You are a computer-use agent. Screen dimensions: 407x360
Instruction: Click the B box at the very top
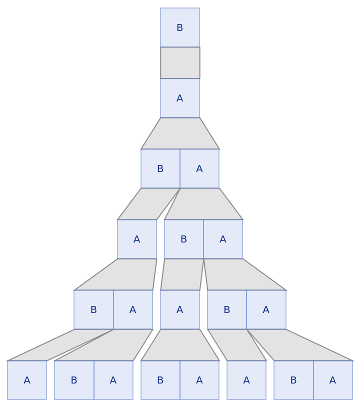tap(180, 27)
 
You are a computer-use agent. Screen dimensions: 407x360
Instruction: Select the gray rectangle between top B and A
tap(180, 63)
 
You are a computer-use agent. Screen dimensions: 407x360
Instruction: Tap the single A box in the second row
tap(180, 98)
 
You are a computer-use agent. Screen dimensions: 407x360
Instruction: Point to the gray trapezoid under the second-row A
tap(180, 133)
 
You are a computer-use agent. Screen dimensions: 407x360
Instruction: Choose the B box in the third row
tap(160, 169)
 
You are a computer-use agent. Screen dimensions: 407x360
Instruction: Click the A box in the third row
tap(199, 169)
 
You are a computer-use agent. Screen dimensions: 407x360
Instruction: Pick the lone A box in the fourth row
tap(136, 239)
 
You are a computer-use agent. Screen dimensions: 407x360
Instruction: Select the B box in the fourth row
tap(183, 239)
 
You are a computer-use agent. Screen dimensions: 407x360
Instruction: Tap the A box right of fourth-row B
tap(223, 239)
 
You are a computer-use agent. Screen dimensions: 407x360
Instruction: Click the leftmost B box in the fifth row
tap(93, 310)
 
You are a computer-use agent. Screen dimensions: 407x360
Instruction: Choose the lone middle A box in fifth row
tap(180, 310)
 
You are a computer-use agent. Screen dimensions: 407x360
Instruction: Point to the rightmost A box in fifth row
tap(266, 310)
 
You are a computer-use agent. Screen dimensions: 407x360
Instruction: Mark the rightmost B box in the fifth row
tap(226, 310)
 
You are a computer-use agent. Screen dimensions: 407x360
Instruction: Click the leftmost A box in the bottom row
tap(27, 380)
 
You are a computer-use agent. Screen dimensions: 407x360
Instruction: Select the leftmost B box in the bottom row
tap(74, 380)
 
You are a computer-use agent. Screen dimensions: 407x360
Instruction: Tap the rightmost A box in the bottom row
tap(333, 380)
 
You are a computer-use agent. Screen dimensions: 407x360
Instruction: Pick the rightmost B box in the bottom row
tap(293, 380)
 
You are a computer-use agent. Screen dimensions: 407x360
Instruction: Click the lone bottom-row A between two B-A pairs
tap(246, 380)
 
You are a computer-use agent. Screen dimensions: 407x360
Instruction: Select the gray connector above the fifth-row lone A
tap(182, 274)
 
